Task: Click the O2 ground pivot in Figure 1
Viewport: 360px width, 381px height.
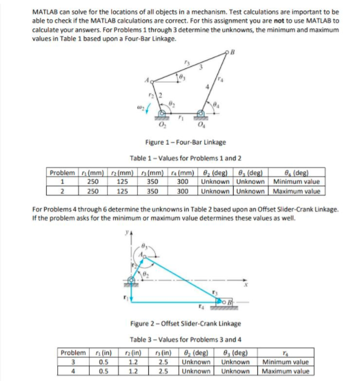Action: point(164,114)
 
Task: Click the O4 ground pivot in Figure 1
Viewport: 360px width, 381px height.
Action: point(201,114)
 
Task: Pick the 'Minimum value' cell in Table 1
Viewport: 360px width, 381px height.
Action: point(296,181)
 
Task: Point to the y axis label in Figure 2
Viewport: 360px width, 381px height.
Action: point(125,234)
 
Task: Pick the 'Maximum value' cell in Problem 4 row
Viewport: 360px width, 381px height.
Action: point(284,372)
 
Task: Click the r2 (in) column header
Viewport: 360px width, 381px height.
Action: point(136,353)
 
